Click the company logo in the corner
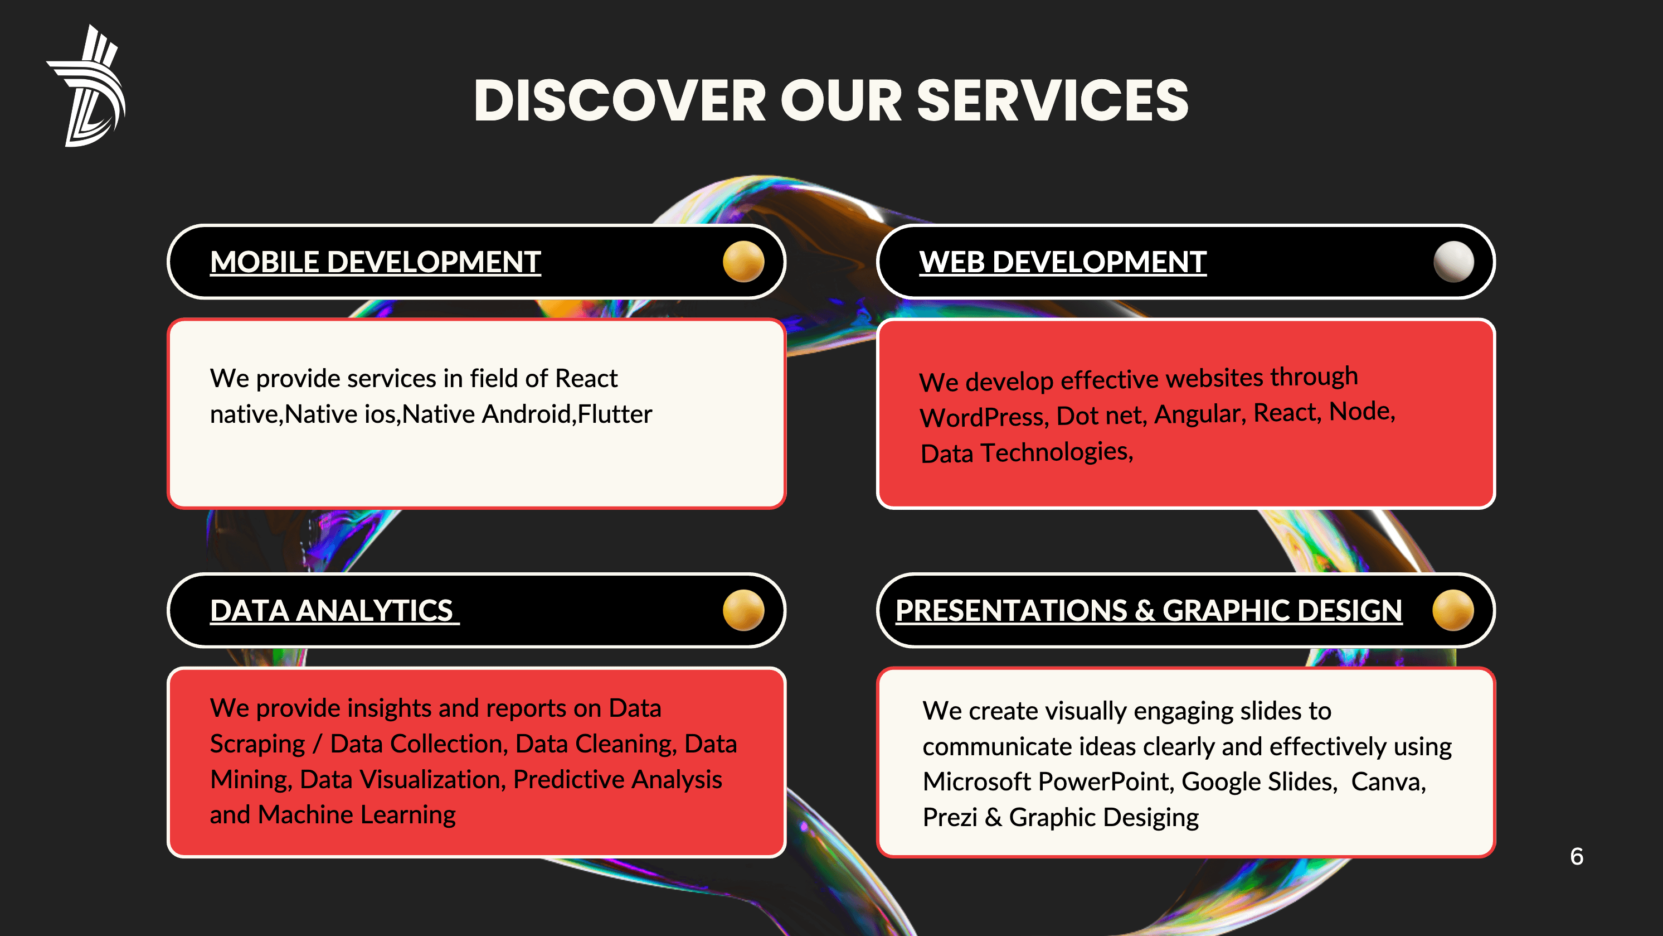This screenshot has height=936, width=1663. pyautogui.click(x=87, y=86)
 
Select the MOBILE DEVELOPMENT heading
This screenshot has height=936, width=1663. pyautogui.click(x=375, y=262)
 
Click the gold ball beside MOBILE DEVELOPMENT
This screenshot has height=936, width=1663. pyautogui.click(x=743, y=262)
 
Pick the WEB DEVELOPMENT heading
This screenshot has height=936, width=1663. pyautogui.click(x=1063, y=262)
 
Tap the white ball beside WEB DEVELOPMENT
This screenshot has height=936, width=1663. pyautogui.click(x=1453, y=262)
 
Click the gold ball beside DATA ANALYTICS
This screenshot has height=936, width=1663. pyautogui.click(x=743, y=610)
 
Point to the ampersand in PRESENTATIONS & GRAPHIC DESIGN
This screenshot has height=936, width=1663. pyautogui.click(x=1145, y=610)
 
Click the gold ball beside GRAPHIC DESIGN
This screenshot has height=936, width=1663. pyautogui.click(x=1453, y=610)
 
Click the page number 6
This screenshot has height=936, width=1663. pyautogui.click(x=1577, y=857)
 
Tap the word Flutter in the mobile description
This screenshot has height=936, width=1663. pyautogui.click(x=615, y=414)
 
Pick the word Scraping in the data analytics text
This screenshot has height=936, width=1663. pyautogui.click(x=257, y=745)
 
